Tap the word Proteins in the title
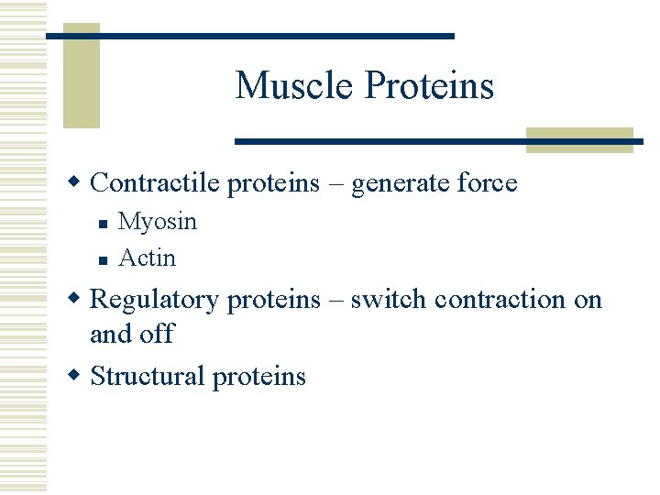coord(430,86)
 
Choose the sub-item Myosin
coord(158,222)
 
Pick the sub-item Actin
coord(148,258)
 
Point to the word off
coord(158,334)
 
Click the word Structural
coord(148,376)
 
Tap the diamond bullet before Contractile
coord(79,182)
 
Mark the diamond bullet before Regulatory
coord(79,299)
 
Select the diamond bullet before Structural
coord(79,375)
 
